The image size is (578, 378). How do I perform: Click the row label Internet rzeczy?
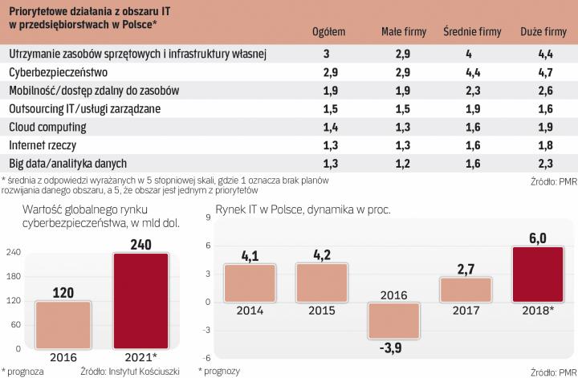[x=39, y=145]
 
